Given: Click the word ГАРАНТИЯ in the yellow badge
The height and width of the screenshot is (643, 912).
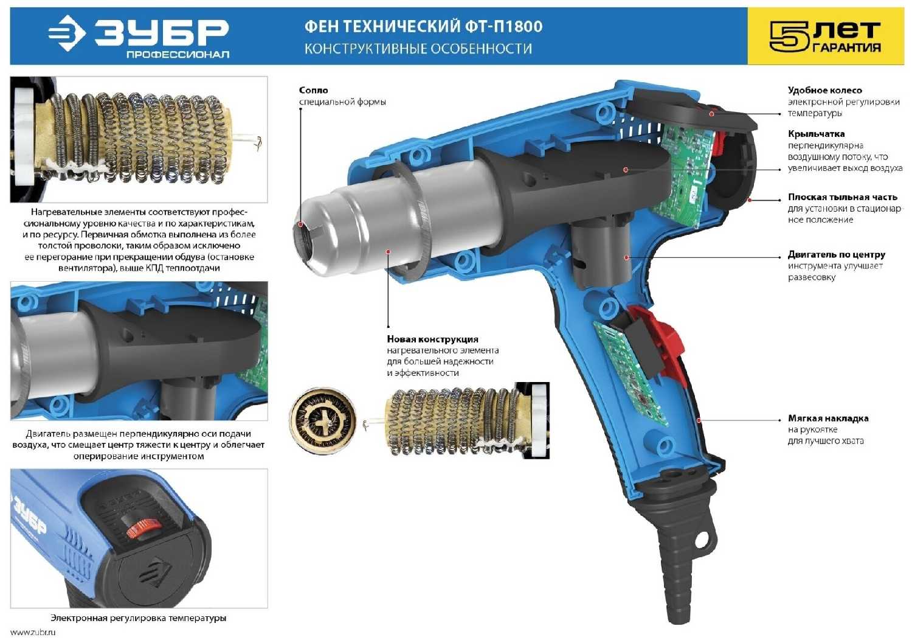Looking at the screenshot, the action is point(846,47).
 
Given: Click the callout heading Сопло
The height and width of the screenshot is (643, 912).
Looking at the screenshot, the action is point(313,90).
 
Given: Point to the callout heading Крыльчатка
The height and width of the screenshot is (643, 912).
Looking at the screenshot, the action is point(816,134).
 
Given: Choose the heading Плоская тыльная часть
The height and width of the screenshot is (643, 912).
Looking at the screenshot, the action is point(842,197).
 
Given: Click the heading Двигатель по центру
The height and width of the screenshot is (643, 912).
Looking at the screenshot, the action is point(836,255).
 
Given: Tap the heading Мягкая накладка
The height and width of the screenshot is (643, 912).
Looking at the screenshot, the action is point(827,418).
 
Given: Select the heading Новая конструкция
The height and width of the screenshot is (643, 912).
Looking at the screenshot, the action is point(432,339).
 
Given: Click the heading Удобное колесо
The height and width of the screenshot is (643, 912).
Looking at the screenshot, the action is point(824,90).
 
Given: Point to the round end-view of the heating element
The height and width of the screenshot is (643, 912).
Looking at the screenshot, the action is point(323,420).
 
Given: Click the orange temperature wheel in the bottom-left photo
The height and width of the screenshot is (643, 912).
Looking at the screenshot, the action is point(142,528).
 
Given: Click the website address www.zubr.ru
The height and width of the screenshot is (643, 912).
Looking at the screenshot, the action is point(33,633).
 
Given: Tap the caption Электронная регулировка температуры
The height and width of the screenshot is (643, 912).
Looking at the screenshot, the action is point(139,617).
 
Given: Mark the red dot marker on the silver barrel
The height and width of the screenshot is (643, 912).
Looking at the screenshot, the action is point(389,252).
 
